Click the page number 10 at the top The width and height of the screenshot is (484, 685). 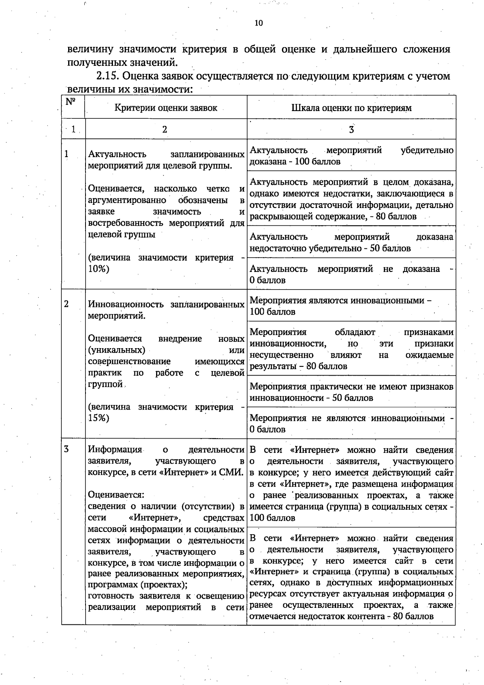259,23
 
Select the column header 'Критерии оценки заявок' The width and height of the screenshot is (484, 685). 166,107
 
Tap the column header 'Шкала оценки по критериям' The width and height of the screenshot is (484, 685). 351,107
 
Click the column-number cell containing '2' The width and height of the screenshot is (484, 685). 165,129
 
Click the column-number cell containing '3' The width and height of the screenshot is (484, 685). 351,129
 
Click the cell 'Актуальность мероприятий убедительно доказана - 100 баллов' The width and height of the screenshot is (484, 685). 351,156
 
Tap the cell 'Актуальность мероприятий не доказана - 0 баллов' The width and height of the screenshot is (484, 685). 351,274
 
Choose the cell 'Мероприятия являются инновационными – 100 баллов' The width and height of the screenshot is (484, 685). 351,306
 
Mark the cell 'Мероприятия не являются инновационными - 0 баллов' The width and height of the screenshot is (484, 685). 351,424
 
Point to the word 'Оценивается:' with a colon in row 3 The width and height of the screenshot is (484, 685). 116,495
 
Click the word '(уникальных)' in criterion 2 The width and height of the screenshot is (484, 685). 116,350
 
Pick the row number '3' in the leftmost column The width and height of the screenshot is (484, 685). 66,449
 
